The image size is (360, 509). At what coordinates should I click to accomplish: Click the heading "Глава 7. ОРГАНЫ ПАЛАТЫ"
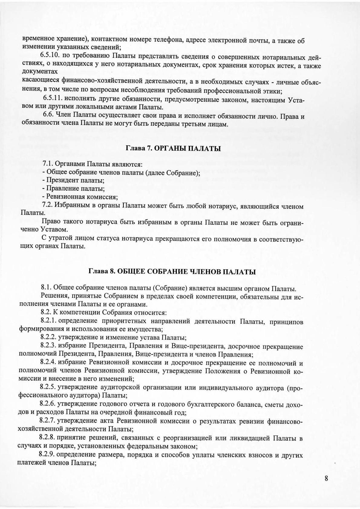(173, 149)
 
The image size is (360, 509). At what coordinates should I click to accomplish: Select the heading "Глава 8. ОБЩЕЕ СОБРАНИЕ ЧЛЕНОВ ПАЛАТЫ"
(172, 271)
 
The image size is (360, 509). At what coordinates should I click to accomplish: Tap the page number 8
(326, 478)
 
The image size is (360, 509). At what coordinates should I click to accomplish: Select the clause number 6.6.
(48, 116)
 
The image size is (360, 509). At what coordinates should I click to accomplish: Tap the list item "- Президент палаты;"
(74, 181)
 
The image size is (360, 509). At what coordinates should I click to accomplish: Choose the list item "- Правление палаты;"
(74, 189)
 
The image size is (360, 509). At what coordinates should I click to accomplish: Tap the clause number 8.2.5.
(47, 387)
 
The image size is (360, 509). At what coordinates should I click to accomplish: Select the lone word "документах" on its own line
(40, 72)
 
